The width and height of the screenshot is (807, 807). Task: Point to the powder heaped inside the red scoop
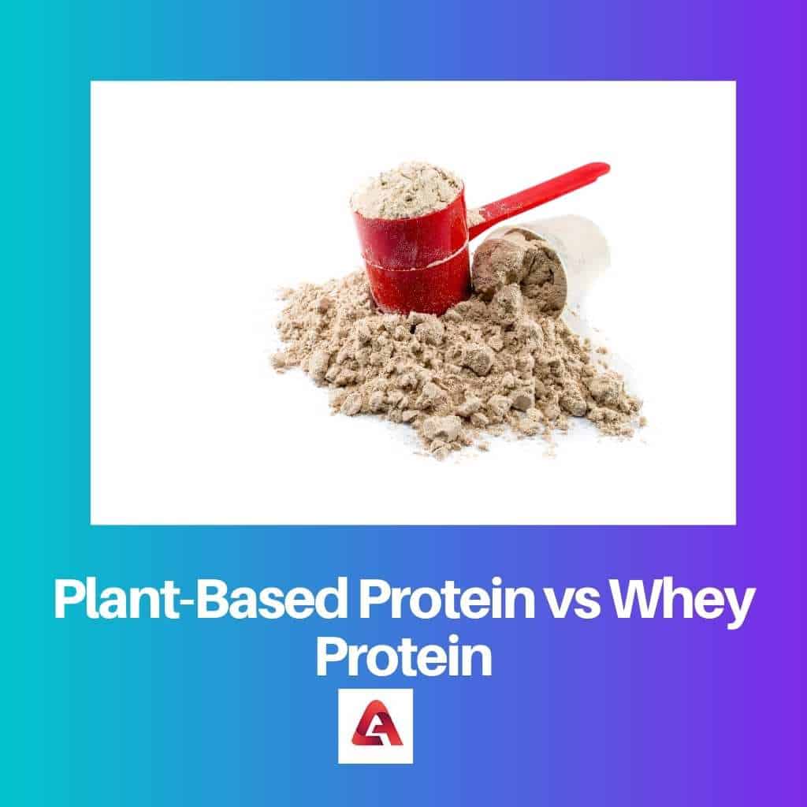click(x=405, y=189)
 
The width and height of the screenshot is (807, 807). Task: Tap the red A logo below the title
click(x=376, y=726)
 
